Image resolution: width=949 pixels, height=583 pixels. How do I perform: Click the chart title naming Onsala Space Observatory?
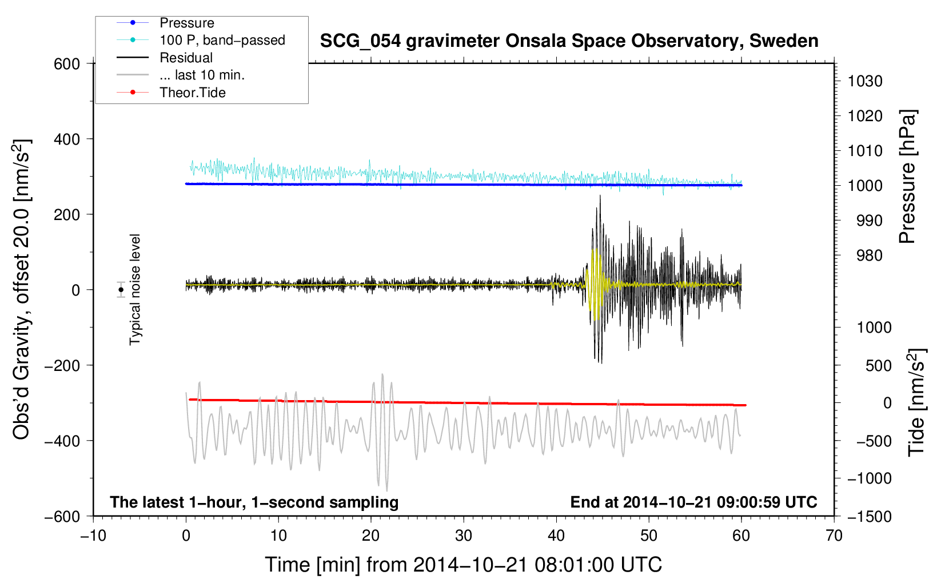click(x=569, y=41)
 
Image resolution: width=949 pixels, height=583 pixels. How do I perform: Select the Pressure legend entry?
click(x=186, y=23)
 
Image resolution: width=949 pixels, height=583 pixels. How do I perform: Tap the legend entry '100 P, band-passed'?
click(x=222, y=40)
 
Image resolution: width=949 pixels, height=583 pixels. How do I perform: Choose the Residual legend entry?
click(x=186, y=58)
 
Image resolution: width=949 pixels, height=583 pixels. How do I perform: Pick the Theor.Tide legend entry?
click(x=192, y=93)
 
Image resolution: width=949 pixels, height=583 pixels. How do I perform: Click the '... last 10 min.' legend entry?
click(x=202, y=75)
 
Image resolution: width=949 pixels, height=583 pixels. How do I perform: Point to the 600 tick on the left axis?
click(x=67, y=64)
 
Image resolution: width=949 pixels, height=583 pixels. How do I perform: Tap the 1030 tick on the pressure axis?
click(x=864, y=81)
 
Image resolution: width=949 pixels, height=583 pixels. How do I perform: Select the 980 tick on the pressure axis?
click(x=869, y=255)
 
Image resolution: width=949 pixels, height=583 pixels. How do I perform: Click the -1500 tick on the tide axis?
click(x=869, y=516)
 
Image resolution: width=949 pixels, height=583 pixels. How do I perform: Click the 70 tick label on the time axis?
click(x=834, y=536)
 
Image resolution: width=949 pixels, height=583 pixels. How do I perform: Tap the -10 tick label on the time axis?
click(x=93, y=536)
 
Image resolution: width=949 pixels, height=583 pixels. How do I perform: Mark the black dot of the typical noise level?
click(x=121, y=290)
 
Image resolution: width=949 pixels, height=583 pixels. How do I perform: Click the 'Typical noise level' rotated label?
click(x=135, y=289)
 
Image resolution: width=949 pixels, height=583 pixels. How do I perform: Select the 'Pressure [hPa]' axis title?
click(x=907, y=177)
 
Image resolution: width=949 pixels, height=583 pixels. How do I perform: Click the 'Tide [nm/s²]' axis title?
click(x=916, y=402)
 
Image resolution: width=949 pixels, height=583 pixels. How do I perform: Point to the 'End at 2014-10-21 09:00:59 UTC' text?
click(x=693, y=502)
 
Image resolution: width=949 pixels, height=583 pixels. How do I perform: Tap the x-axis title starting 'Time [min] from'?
click(x=463, y=565)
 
